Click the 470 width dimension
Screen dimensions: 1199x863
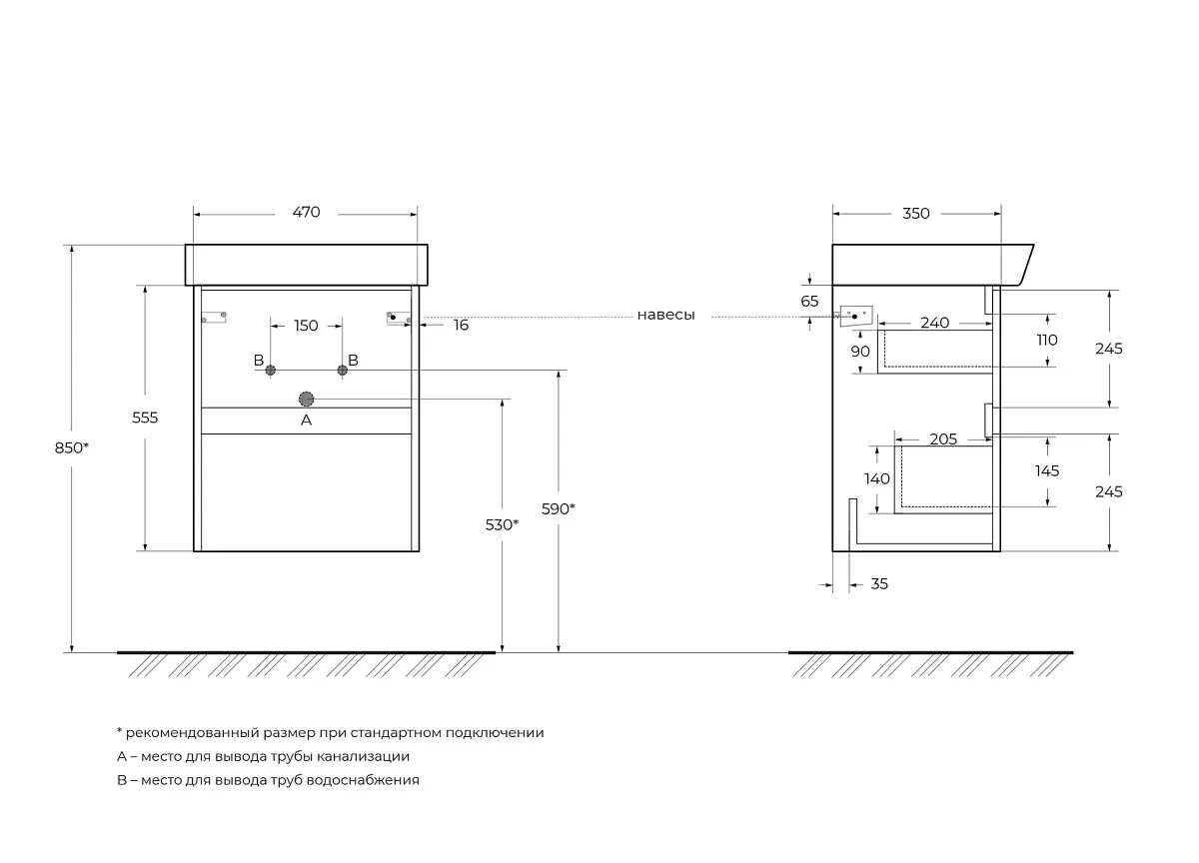306,213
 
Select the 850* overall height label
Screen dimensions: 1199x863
72,447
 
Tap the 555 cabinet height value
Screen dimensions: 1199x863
145,418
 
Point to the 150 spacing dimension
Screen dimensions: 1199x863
306,326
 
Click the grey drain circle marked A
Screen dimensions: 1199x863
306,400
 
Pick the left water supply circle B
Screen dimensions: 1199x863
271,370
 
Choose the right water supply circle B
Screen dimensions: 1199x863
343,370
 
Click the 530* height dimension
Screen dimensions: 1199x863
502,524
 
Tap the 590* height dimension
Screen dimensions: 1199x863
559,508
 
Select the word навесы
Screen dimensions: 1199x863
665,315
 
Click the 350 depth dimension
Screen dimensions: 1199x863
916,214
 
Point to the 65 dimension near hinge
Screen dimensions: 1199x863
809,302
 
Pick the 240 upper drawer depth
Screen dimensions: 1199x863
934,323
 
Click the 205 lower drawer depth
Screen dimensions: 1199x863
943,439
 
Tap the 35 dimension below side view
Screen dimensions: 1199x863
879,583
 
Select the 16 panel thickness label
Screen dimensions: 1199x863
461,325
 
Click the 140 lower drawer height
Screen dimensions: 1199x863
877,478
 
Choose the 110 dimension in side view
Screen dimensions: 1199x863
1047,340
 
